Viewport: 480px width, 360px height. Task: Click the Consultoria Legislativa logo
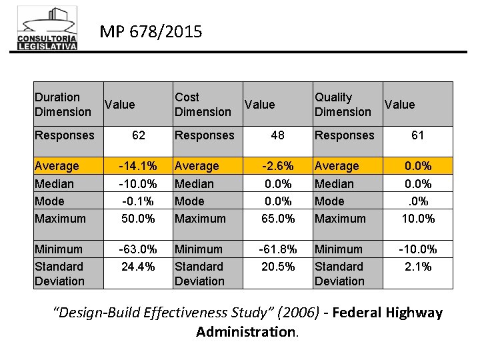[47, 28]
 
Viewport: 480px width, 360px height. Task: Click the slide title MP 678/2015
[151, 31]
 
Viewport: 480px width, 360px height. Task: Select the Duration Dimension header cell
[63, 105]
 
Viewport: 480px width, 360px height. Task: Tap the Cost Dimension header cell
[203, 105]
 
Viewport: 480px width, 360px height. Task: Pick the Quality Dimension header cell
[343, 105]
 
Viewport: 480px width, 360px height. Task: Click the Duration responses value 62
[138, 135]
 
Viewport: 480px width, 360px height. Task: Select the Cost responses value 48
[277, 135]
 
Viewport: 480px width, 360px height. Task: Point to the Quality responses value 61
[417, 135]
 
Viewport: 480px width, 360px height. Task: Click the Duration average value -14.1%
[138, 166]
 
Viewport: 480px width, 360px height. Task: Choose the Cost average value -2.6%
[277, 166]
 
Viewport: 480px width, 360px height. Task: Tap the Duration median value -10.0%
[138, 183]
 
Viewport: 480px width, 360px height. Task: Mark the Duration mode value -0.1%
[138, 201]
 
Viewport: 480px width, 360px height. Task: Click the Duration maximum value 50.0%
[138, 218]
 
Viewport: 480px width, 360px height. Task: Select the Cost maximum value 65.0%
[277, 218]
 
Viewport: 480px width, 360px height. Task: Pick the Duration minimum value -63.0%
[138, 249]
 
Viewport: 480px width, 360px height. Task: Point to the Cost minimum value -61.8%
[277, 249]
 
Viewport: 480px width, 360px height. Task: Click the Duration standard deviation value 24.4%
[138, 267]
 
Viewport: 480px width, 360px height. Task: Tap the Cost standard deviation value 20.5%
[277, 267]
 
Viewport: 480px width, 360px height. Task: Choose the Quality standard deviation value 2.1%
[417, 267]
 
